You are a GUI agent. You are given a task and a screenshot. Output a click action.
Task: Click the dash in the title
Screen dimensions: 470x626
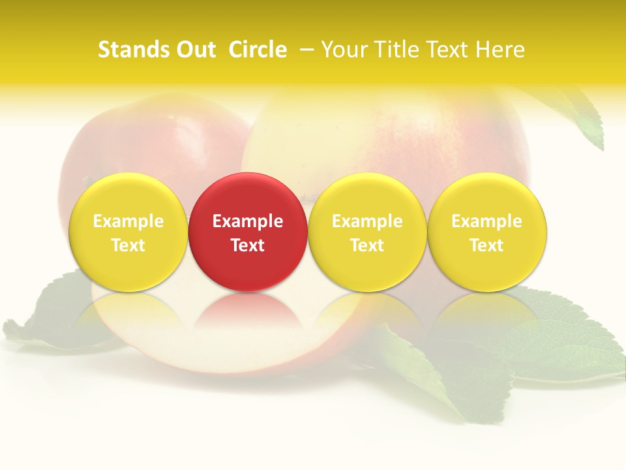tap(306, 50)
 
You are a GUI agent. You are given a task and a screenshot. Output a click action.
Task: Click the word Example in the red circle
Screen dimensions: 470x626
tap(248, 221)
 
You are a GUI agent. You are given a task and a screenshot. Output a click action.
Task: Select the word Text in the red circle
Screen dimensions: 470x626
tap(248, 245)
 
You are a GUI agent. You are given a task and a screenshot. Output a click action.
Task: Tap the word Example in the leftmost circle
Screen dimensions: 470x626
tap(128, 221)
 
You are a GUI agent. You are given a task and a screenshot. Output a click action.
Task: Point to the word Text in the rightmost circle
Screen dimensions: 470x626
tap(486, 245)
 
